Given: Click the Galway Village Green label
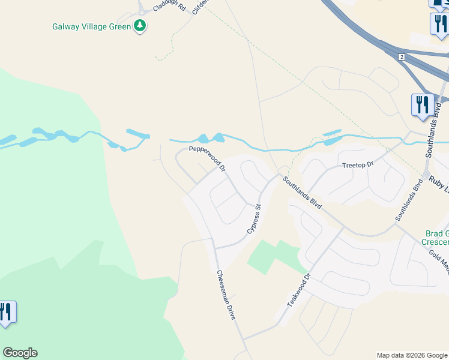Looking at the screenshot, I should coord(92,26).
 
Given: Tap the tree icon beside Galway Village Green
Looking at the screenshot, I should coord(140,26).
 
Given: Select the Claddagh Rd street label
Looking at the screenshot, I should coord(170,7).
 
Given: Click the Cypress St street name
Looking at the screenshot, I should coord(255,219).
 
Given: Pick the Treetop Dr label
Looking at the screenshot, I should coord(358,164).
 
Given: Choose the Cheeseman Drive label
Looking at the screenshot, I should coord(226,294).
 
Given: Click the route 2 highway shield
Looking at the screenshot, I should coord(401,57).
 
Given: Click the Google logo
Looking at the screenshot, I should coord(20,353).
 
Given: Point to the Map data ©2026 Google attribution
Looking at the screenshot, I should coord(412,355).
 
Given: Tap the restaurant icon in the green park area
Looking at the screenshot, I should coord(7,312).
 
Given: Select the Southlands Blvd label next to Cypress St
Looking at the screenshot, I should coord(303,192).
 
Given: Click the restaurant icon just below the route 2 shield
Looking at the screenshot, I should coord(422,104).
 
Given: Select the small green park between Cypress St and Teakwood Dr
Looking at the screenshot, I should coord(273,255).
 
